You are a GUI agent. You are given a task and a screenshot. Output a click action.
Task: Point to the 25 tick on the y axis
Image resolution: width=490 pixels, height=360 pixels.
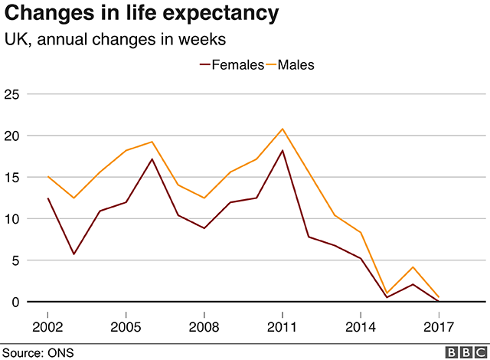point(12,94)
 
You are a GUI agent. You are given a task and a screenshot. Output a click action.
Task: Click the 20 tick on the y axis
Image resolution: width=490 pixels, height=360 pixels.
point(12,136)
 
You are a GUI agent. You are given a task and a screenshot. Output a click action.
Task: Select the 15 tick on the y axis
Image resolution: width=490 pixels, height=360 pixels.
point(12,177)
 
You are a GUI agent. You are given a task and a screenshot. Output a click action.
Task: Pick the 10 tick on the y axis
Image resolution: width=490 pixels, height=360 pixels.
point(12,219)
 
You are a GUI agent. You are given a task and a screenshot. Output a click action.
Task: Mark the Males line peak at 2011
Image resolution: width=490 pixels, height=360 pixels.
point(283,129)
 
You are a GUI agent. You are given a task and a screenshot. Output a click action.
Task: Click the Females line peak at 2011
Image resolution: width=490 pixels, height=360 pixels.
point(283,150)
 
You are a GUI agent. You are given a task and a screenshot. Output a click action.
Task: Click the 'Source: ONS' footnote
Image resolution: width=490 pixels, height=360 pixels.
point(35,352)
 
